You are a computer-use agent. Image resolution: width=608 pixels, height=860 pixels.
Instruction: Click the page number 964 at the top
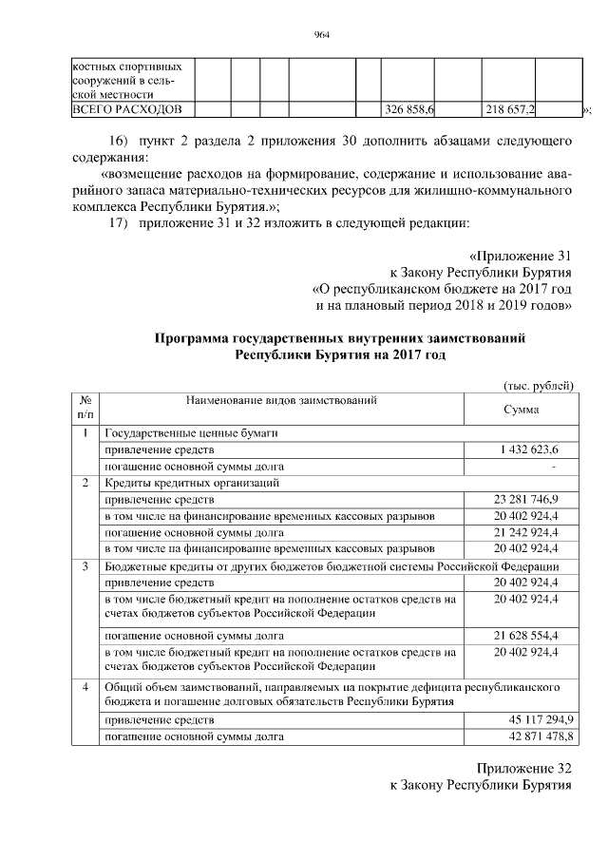(321, 36)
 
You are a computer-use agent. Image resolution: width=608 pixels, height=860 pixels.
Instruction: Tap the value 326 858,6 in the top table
(408, 110)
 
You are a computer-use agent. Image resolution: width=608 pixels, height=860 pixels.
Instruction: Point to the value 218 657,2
(509, 110)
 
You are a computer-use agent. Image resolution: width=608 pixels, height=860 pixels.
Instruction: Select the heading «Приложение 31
(521, 256)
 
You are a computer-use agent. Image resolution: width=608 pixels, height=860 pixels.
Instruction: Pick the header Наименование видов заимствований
(282, 401)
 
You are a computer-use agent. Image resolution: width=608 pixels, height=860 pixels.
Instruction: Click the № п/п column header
(85, 407)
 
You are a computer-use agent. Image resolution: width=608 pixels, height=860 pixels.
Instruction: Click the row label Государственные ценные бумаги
(191, 433)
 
